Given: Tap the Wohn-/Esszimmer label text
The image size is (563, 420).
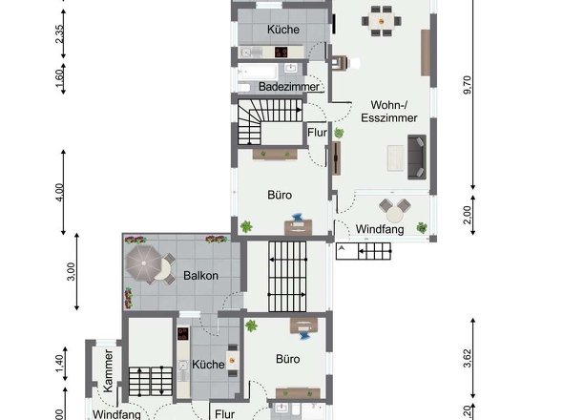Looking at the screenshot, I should point(381,113).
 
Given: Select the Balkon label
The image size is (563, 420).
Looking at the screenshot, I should point(200,276).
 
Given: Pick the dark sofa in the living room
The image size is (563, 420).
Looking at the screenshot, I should point(416,157).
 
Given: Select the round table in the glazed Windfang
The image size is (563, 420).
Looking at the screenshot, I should point(391,207).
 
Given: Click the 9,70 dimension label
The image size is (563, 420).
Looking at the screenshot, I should point(467,86).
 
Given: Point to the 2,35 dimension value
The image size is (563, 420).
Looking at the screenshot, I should point(59,34).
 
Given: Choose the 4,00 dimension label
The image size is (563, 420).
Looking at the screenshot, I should point(59,192).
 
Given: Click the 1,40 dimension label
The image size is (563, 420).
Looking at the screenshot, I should point(59,361).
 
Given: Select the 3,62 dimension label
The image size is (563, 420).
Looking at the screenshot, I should point(467,358).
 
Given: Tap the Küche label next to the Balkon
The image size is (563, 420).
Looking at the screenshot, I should point(207,365).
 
